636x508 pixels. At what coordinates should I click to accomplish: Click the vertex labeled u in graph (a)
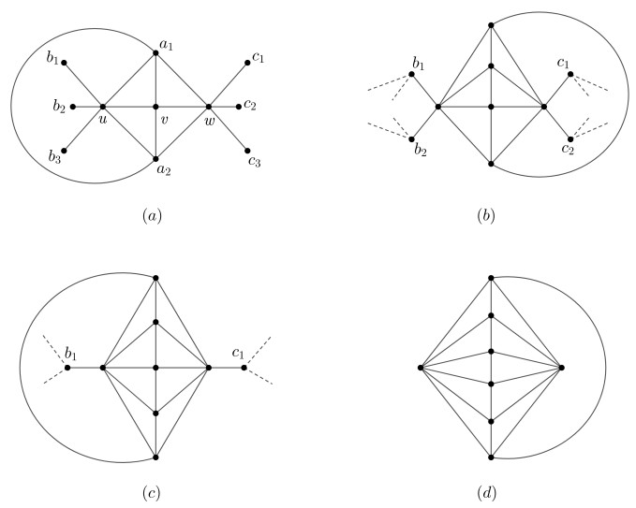[x=102, y=107]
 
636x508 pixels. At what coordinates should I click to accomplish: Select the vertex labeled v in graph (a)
[x=155, y=107]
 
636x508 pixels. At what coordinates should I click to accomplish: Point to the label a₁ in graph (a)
[x=170, y=43]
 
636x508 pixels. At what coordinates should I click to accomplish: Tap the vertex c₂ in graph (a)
[x=241, y=106]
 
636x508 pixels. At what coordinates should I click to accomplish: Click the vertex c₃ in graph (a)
[x=248, y=150]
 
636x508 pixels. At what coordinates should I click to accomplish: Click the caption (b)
[x=486, y=216]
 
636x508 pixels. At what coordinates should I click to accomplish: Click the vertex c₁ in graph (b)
[x=569, y=74]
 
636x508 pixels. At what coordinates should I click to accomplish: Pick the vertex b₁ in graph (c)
[x=67, y=368]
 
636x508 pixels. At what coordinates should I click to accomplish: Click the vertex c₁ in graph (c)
[x=243, y=368]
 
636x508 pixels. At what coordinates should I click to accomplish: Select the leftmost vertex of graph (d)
[x=422, y=368]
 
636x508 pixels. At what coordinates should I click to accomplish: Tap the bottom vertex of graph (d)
[x=492, y=457]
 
